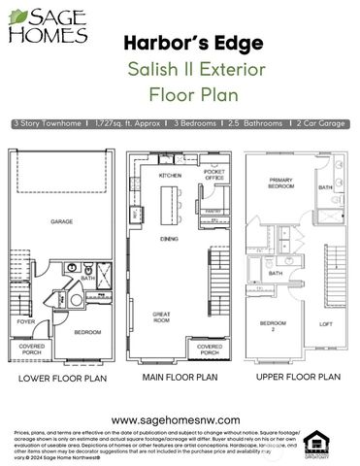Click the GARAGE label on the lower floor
click(62, 222)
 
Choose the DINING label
click(169, 238)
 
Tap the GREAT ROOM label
click(161, 317)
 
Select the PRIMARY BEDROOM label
click(282, 184)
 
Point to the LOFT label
click(326, 323)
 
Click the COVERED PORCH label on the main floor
click(210, 348)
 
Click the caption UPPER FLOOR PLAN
click(298, 376)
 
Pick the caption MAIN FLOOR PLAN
click(180, 377)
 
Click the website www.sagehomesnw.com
click(179, 419)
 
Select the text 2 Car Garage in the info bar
click(320, 124)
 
